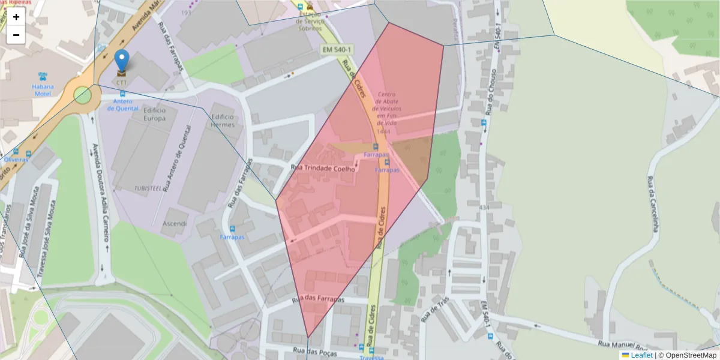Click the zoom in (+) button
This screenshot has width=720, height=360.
coord(16,17)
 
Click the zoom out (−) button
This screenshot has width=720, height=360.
coord(16,35)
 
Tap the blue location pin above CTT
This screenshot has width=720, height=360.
coord(122,61)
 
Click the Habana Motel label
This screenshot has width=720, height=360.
coord(43,89)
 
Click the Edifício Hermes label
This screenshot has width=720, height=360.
coord(222,121)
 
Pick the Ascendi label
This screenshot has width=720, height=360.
coord(175,223)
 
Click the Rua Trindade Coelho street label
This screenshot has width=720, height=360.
coord(323,169)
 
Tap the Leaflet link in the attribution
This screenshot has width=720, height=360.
coord(641,355)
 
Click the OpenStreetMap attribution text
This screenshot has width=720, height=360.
coord(688,355)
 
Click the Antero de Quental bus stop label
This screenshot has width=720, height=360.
coord(123,105)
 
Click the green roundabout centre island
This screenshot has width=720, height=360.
coord(82,95)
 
